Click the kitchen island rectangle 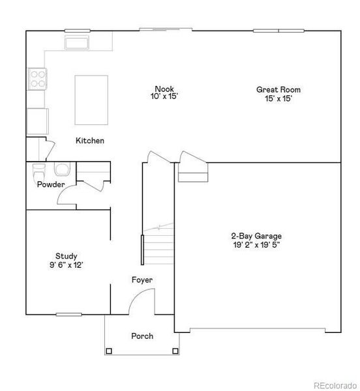91,100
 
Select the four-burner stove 37,79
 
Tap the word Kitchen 90,141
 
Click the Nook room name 164,89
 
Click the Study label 66,256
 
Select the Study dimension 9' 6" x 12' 66,265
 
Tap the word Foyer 142,280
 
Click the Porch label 142,336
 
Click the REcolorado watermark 335,384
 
